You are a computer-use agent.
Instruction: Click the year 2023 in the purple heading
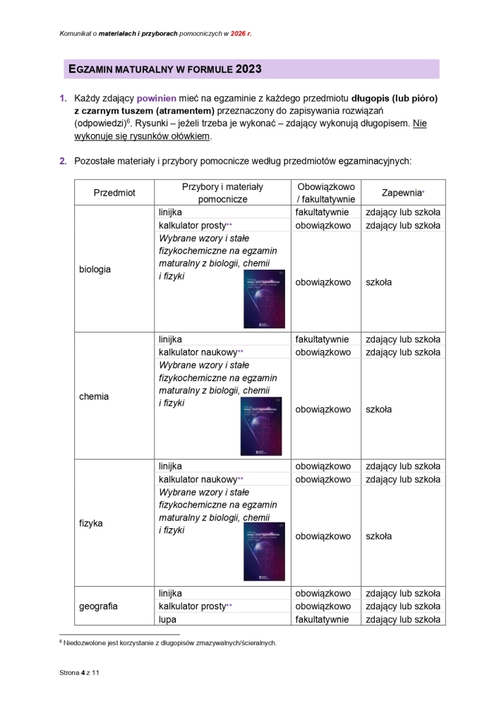[x=248, y=69]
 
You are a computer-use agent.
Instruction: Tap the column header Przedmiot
[x=114, y=193]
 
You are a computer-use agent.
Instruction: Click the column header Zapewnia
[x=402, y=193]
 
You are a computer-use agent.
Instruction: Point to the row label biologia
[x=95, y=269]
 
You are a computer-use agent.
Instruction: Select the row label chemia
[x=95, y=396]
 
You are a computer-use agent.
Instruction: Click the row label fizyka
[x=92, y=523]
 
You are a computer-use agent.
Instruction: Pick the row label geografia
[x=99, y=606]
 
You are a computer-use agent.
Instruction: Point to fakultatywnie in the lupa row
[x=323, y=620]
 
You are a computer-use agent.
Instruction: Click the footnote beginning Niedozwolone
[x=169, y=643]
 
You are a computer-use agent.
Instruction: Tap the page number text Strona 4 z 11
[x=80, y=674]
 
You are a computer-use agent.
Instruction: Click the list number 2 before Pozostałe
[x=62, y=161]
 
